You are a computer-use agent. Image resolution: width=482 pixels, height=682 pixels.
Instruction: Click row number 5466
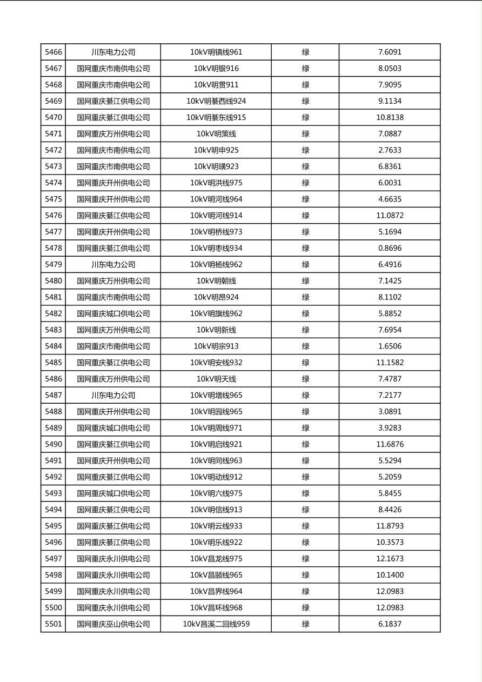coord(53,52)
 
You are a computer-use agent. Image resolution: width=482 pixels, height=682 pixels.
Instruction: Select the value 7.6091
coord(390,52)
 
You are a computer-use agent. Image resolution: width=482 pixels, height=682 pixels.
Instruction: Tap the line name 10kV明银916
coord(216,69)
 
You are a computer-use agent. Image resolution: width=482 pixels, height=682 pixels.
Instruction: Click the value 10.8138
coord(390,117)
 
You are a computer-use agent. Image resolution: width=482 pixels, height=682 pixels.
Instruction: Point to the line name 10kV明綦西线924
coord(216,101)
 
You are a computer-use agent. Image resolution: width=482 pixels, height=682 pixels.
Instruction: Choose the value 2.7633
coord(390,150)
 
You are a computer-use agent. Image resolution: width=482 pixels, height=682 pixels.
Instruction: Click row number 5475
coord(53,199)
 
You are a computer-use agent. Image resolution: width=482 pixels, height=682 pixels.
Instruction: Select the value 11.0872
coord(390,216)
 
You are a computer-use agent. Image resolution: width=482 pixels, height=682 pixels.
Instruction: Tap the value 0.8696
coord(390,248)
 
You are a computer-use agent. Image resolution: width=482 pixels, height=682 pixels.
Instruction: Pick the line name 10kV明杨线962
coord(216,264)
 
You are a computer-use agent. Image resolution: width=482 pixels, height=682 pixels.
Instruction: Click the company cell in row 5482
coord(113,313)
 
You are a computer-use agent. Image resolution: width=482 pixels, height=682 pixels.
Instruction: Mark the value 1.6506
coord(390,346)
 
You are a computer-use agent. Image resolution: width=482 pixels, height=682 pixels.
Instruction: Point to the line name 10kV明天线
coord(216,379)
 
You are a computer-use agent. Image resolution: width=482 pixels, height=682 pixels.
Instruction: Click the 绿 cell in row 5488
coord(305,411)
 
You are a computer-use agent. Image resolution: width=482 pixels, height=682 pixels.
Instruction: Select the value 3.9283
coord(390,428)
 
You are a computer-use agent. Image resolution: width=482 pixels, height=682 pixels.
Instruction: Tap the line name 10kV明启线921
coord(216,444)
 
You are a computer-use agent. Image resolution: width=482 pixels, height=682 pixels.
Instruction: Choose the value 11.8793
coord(390,526)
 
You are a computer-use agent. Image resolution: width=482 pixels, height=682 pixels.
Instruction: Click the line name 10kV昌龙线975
coord(216,559)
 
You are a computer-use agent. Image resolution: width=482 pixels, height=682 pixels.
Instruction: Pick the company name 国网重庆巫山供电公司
coord(113,624)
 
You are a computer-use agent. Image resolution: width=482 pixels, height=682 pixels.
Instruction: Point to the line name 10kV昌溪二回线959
coord(216,624)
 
